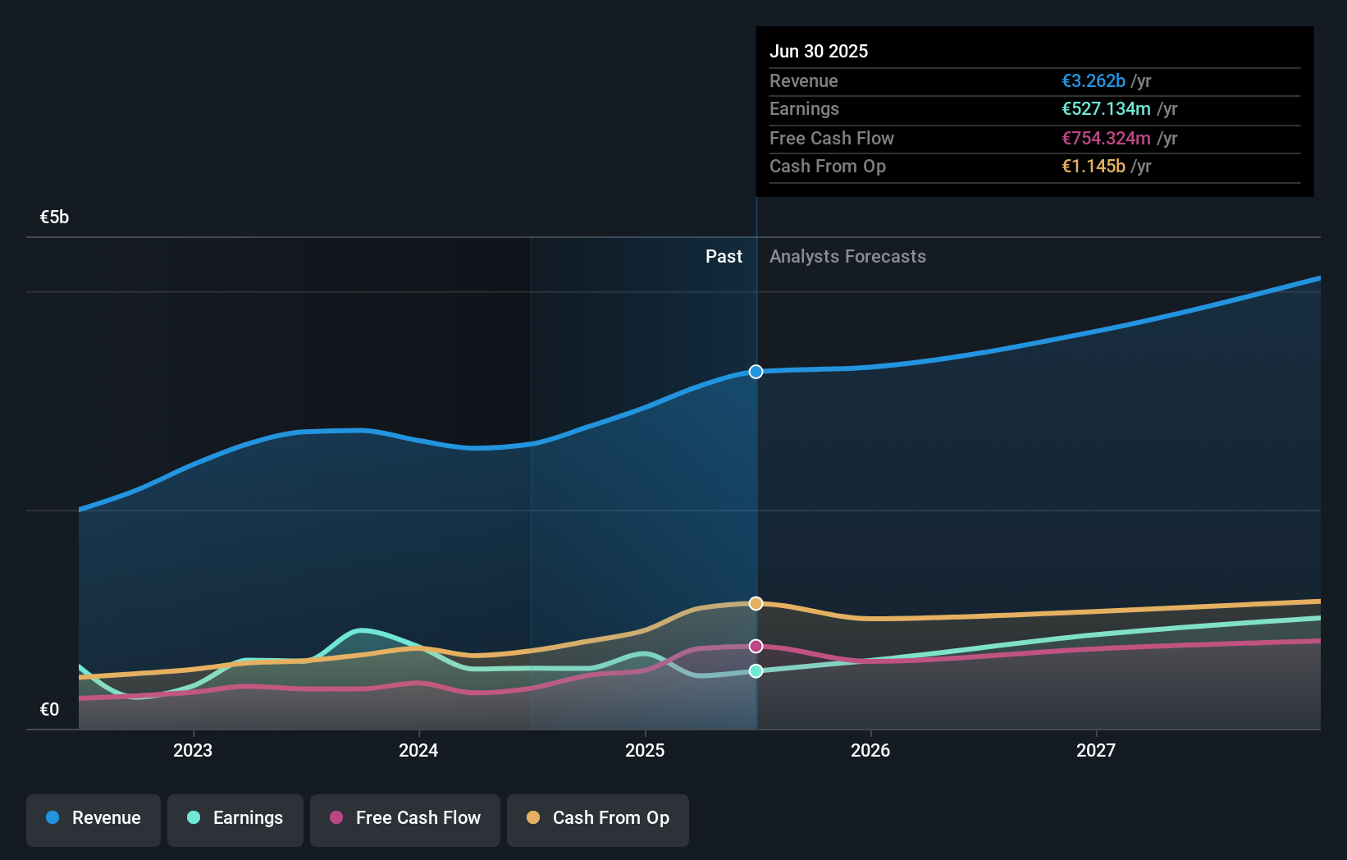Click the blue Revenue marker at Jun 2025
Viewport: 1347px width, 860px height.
pos(756,372)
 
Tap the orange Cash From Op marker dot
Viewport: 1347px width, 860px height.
pos(756,603)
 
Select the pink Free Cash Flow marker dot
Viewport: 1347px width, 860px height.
pos(756,646)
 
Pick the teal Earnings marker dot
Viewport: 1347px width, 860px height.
pos(756,671)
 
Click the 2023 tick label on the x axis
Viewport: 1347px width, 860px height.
pos(193,750)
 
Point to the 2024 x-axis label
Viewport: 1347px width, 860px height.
pos(418,750)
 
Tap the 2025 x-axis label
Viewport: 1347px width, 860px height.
pos(645,750)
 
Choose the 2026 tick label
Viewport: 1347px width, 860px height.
pos(870,750)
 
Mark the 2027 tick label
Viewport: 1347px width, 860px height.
pos(1096,750)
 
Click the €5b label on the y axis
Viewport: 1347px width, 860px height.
pos(54,217)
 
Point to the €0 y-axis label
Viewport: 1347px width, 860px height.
pos(49,709)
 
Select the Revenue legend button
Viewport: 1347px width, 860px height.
pos(94,818)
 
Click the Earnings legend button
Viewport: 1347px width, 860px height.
pos(235,818)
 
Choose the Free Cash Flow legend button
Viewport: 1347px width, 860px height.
pos(405,818)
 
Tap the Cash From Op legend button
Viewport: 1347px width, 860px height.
pos(598,818)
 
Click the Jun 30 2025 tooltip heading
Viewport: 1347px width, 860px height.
pos(819,51)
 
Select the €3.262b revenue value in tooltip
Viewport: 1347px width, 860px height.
pos(1094,80)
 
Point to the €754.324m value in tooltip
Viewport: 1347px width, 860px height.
pos(1106,138)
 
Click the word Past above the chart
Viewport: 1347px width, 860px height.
pos(724,256)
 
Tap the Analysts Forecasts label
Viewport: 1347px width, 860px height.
pos(847,256)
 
